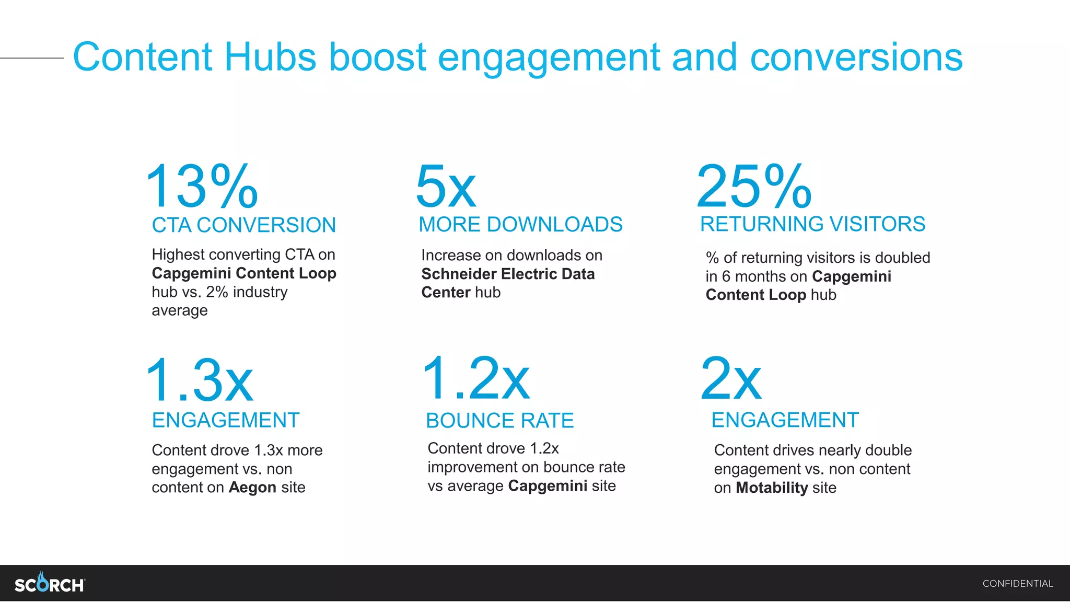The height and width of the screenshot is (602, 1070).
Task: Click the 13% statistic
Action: point(202,187)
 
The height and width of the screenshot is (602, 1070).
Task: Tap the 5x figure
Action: point(446,187)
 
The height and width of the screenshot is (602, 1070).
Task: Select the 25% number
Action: point(754,187)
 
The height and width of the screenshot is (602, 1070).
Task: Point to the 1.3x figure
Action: point(200,380)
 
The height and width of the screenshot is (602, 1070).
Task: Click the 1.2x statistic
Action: point(476,378)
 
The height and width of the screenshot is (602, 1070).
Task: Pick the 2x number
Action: point(731,379)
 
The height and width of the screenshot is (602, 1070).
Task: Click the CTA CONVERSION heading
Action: point(243,225)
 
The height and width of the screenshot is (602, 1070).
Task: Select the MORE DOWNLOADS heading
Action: point(520,225)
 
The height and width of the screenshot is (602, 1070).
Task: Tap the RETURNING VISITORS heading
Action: point(812,224)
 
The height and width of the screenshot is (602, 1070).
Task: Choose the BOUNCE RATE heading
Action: point(499,421)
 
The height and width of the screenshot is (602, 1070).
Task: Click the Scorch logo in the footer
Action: point(50,583)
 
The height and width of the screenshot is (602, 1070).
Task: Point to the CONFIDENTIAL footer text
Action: point(1017,584)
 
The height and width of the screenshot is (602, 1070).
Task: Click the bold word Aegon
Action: point(252,488)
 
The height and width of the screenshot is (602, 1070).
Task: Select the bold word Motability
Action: point(772,488)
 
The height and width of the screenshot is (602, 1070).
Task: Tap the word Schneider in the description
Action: point(459,274)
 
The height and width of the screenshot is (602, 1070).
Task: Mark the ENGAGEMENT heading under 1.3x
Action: point(226,420)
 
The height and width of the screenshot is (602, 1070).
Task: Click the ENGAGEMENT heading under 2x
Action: point(785,420)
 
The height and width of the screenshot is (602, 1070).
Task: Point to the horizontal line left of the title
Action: point(31,58)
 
